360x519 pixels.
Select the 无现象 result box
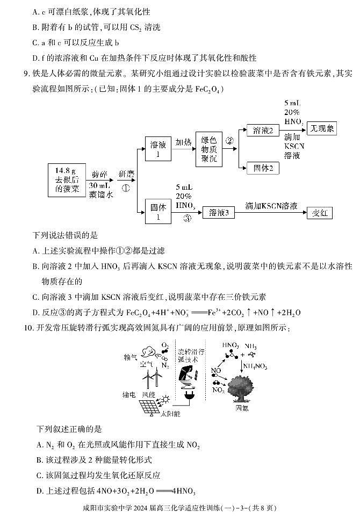(322, 128)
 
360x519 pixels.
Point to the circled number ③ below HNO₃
(187, 218)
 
